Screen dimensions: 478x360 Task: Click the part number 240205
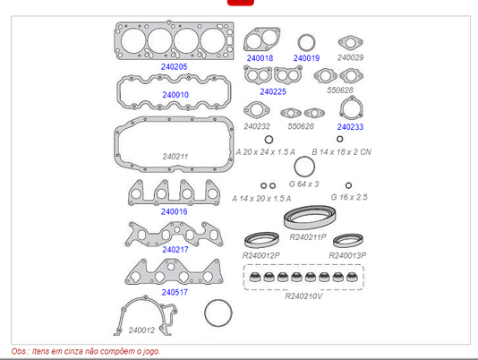(174, 66)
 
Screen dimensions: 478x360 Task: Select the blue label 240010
(175, 95)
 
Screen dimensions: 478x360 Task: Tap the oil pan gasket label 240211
(175, 157)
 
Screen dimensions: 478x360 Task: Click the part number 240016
(174, 211)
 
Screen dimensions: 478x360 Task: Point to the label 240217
(175, 250)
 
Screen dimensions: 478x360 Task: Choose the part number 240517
(175, 292)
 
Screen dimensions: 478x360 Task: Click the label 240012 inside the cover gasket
(141, 330)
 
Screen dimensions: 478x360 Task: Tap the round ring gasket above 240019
(306, 36)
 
